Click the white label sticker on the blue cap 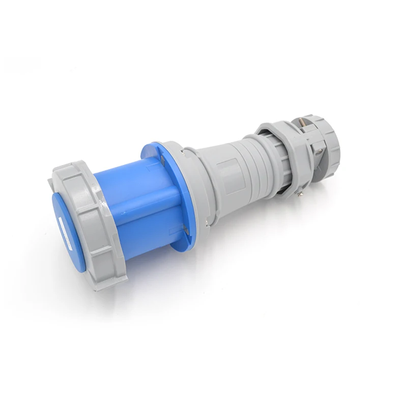coord(66,228)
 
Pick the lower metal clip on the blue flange coord(187,232)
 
